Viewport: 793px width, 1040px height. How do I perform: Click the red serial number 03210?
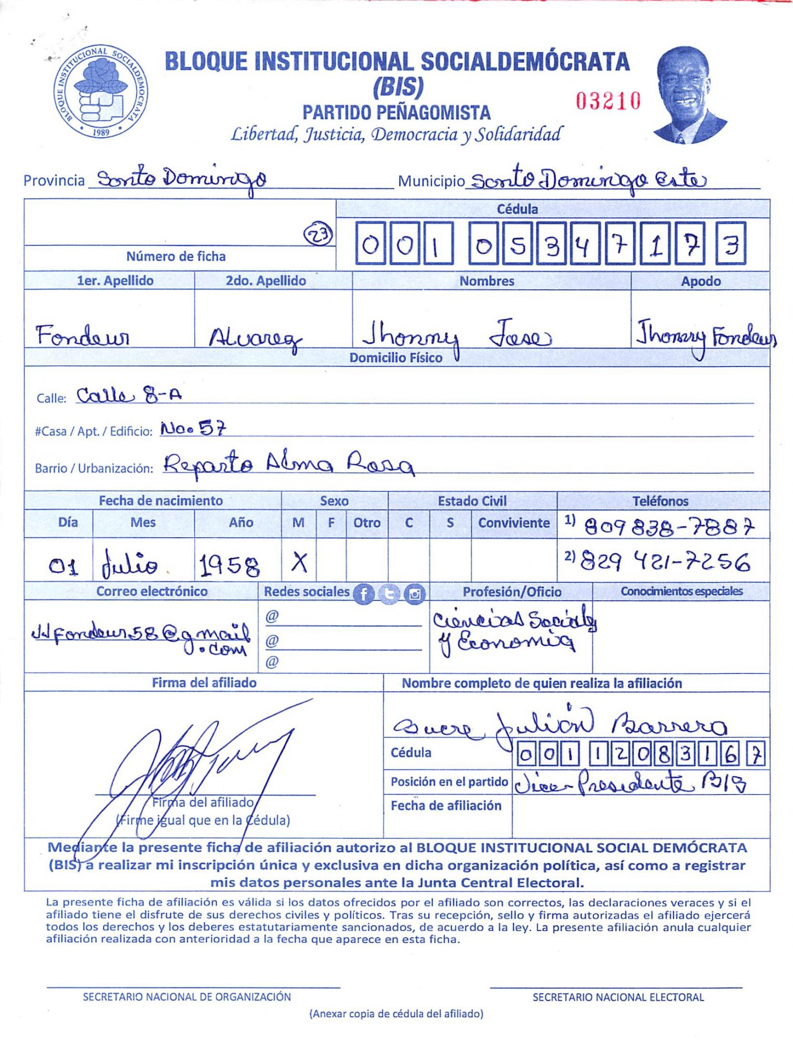click(x=607, y=101)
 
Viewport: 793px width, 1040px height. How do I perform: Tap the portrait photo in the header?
click(x=688, y=95)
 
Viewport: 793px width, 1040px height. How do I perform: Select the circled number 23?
click(x=318, y=235)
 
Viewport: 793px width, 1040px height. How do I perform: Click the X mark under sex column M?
click(x=299, y=562)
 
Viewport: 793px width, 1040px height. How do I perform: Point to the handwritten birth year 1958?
click(x=229, y=565)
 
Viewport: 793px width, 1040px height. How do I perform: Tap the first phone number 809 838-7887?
click(x=669, y=528)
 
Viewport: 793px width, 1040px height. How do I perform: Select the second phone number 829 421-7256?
click(x=665, y=562)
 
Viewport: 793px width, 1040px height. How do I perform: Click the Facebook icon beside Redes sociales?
click(x=364, y=594)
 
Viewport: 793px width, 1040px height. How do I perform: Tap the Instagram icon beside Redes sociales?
click(x=414, y=594)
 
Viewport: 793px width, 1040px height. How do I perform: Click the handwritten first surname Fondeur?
click(x=83, y=335)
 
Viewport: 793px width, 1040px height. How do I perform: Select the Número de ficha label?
click(x=176, y=256)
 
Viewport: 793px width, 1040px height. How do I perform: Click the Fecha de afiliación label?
click(x=446, y=805)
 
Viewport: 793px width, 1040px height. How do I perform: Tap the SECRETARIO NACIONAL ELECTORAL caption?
click(x=618, y=997)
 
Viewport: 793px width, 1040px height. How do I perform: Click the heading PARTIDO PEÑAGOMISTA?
click(x=396, y=112)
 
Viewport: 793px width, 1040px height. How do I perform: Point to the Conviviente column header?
click(x=513, y=523)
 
